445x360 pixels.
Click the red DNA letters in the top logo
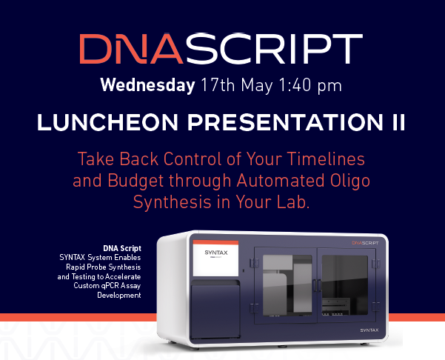tap(124, 47)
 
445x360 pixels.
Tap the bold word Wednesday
tap(147, 84)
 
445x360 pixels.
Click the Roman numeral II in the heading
tap(397, 124)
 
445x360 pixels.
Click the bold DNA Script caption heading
tap(122, 247)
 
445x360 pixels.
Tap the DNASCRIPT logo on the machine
tap(370, 241)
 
